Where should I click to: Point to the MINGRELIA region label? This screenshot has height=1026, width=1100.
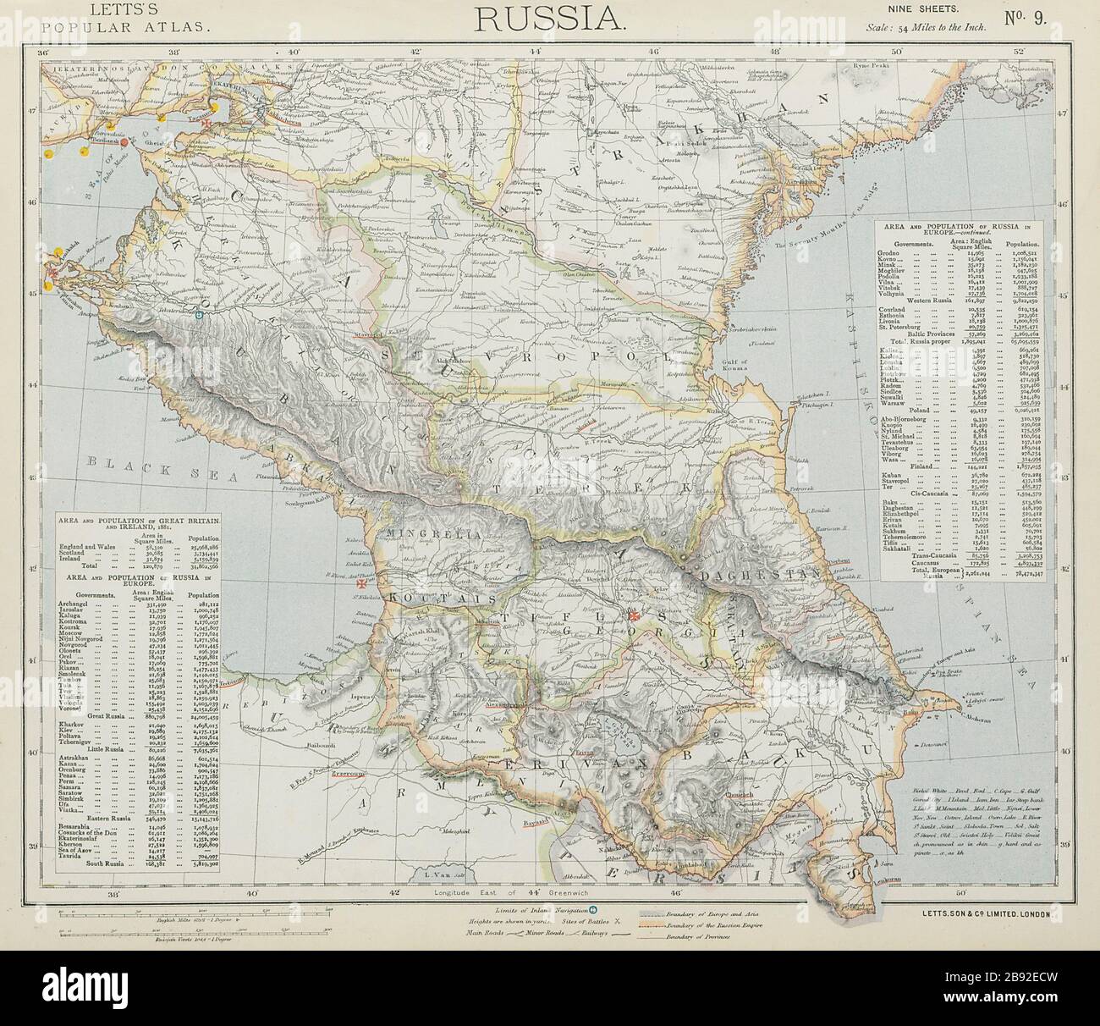[x=432, y=536]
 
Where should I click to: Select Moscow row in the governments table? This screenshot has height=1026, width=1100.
[x=91, y=632]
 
